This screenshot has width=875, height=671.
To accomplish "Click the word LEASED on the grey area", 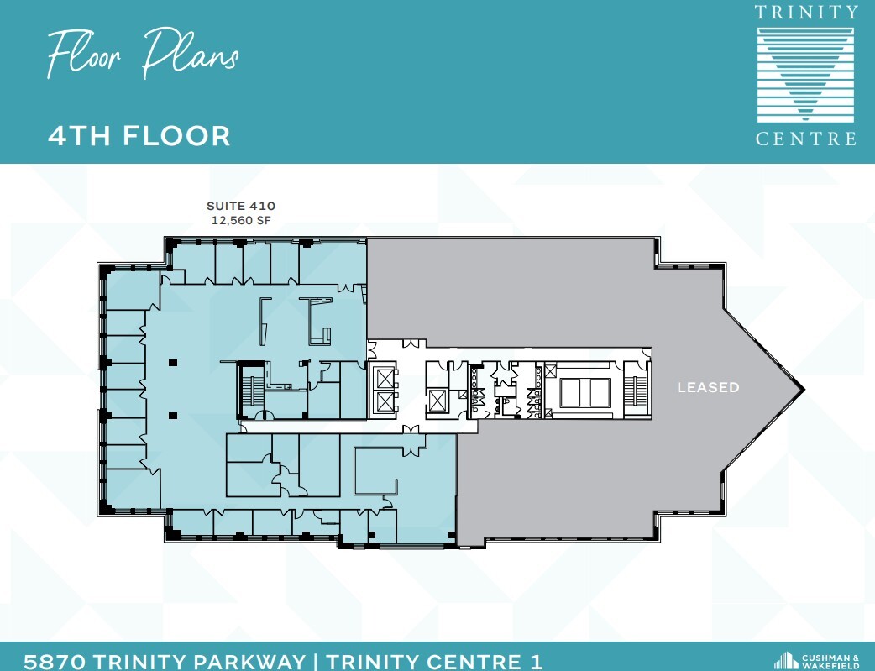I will coord(709,388).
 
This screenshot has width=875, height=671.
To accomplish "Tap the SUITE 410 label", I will coord(241,205).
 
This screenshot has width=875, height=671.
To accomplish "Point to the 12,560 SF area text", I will coord(241,220).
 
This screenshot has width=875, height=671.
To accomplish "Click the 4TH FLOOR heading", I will coord(139,135).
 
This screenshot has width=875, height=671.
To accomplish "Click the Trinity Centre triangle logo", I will coord(805,74).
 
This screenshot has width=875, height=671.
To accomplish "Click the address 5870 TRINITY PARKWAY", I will coord(165,661).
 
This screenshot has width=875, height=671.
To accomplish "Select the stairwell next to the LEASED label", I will coord(636,390).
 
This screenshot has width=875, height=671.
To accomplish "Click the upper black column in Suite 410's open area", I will coord(172,363).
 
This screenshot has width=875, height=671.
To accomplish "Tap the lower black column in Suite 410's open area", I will coord(172,415).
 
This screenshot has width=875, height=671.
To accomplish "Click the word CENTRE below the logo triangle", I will coord(805,139).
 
